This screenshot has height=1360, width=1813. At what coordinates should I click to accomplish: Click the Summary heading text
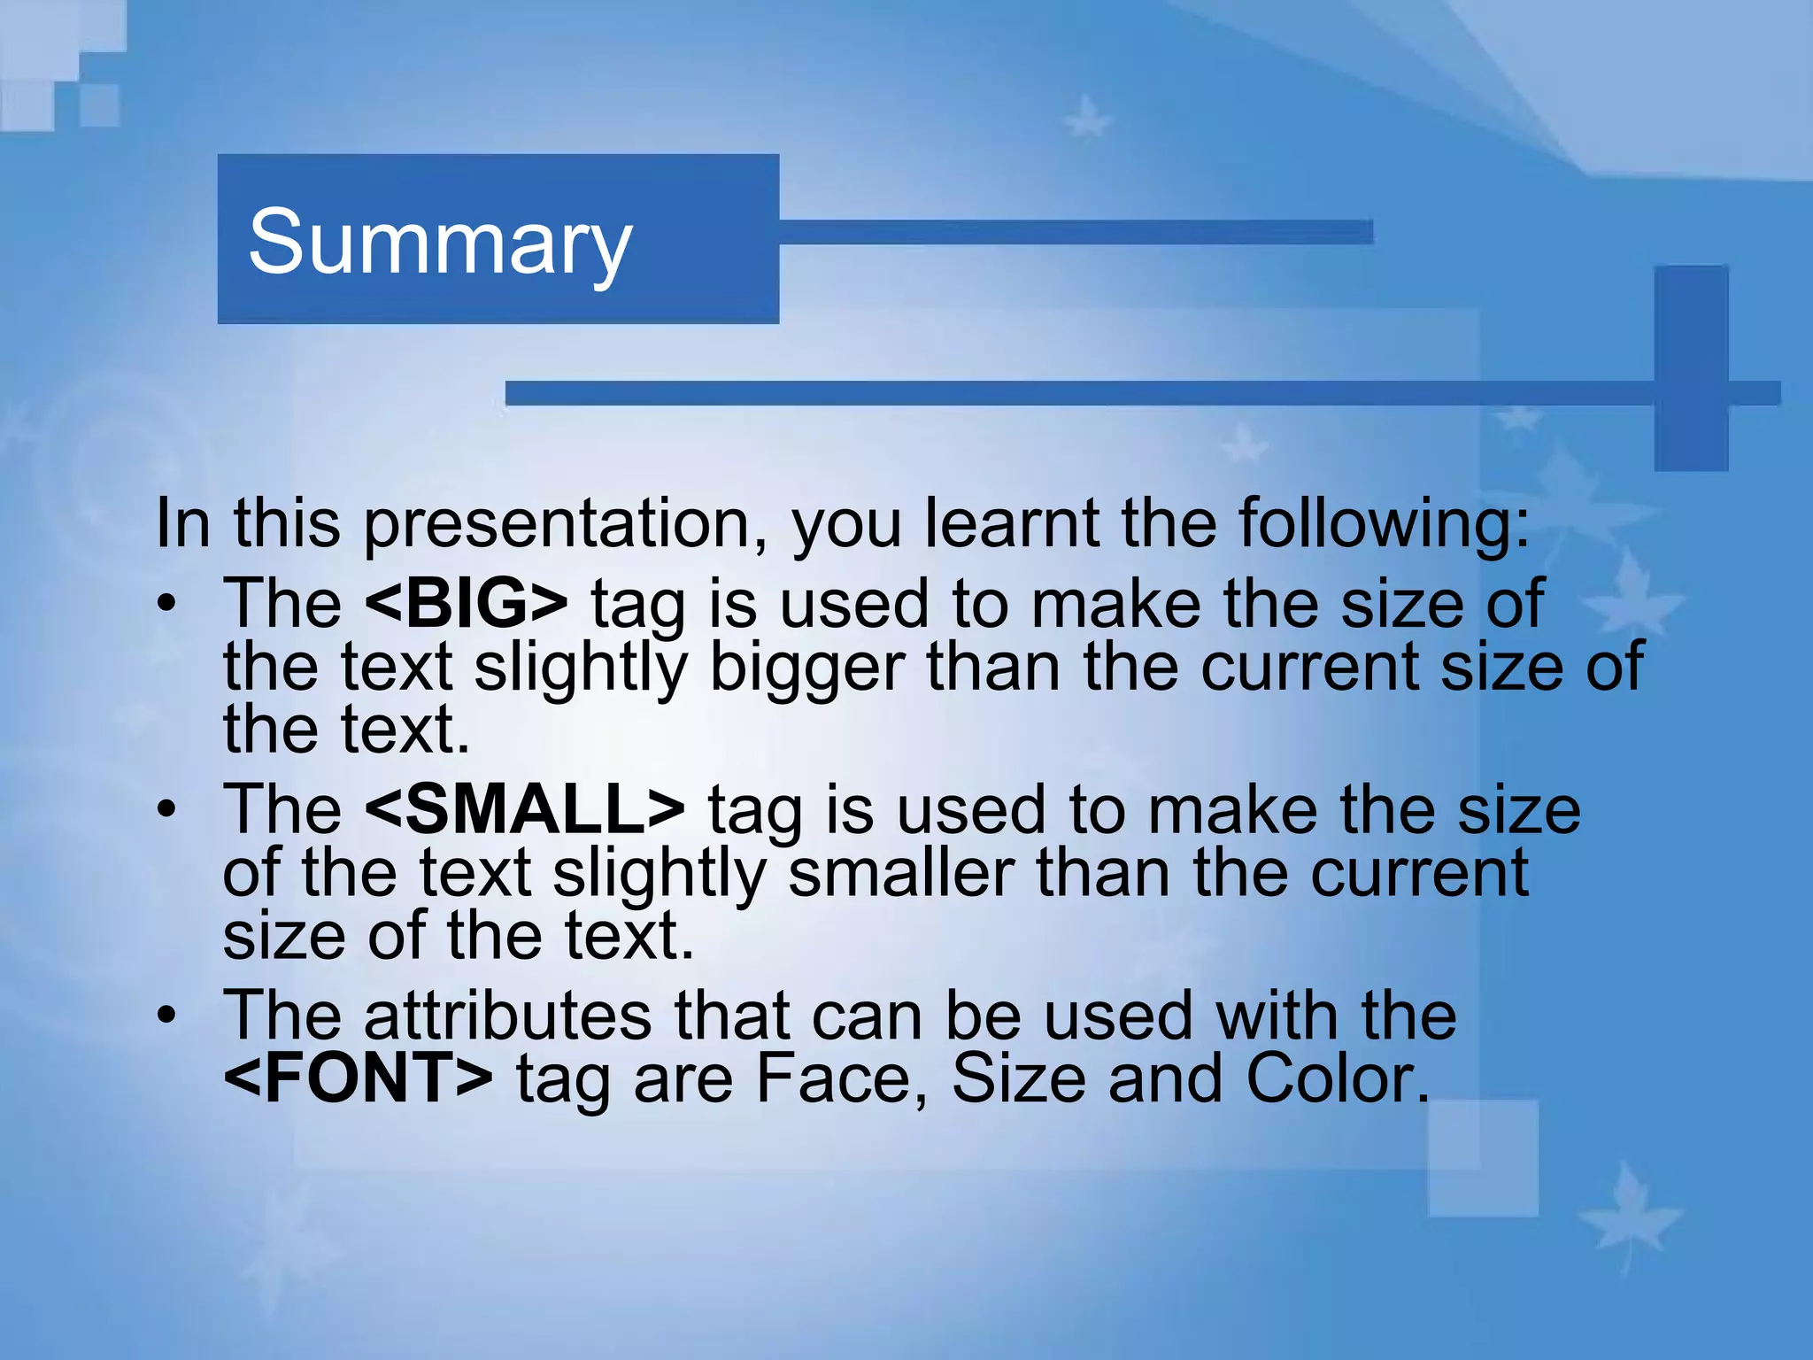click(440, 242)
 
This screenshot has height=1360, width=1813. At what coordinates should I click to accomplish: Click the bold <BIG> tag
click(466, 603)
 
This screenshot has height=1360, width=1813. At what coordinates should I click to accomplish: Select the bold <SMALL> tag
click(524, 809)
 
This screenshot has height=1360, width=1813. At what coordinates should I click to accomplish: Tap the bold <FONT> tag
click(358, 1078)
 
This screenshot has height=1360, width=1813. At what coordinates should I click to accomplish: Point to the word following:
click(1384, 524)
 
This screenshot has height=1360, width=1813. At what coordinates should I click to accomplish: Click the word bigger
click(807, 668)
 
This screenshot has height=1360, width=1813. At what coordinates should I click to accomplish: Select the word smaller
click(900, 873)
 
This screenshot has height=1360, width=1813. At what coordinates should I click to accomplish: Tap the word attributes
click(507, 1016)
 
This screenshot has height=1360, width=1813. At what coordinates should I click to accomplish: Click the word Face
click(842, 1078)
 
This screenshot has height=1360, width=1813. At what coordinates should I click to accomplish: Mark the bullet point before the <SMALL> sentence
click(166, 810)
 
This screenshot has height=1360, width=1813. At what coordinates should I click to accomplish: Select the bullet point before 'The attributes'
click(166, 1016)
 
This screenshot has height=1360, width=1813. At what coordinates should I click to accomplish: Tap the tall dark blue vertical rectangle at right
click(1691, 367)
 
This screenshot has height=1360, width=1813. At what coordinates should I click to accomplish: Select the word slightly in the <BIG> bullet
click(580, 668)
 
